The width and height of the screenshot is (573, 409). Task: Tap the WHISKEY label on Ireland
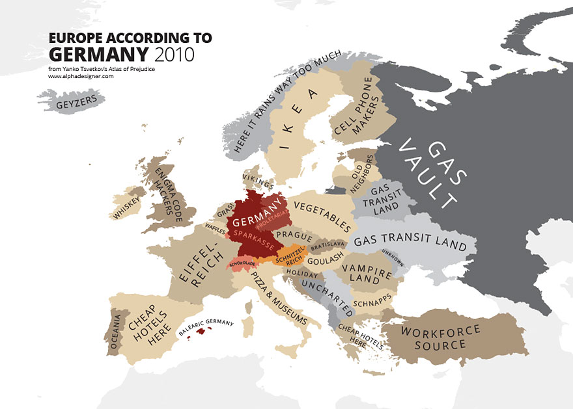tap(126, 207)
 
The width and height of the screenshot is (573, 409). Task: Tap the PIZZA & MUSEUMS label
tap(279, 300)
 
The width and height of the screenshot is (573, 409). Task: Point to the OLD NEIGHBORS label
tap(361, 172)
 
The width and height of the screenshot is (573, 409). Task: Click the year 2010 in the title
tap(172, 53)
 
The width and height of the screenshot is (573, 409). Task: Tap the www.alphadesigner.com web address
tap(81, 76)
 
